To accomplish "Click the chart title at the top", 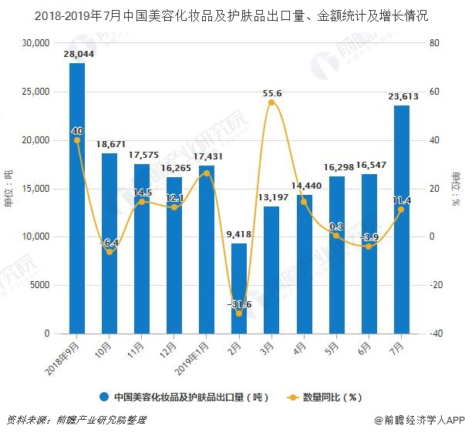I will click(x=232, y=15).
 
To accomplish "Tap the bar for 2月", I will click(x=239, y=288).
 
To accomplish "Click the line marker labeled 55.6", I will click(x=271, y=102).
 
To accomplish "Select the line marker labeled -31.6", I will click(x=239, y=313).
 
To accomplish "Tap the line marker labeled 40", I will click(x=77, y=140).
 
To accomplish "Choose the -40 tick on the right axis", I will click(x=436, y=334).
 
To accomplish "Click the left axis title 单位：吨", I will click(x=9, y=189).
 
